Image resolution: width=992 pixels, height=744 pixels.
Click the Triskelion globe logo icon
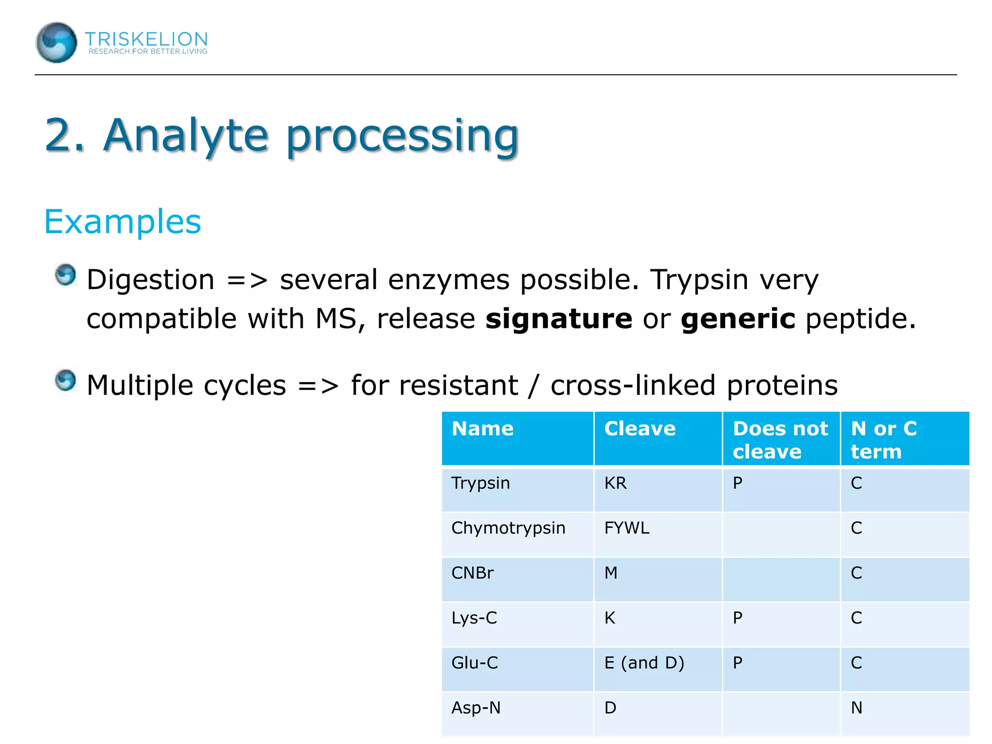[x=56, y=43]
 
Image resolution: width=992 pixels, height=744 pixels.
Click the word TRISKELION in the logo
[x=146, y=39]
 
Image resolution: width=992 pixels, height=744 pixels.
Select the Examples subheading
[x=123, y=222]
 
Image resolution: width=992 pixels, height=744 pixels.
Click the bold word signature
[x=558, y=319]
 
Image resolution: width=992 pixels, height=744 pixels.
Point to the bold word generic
[x=738, y=319]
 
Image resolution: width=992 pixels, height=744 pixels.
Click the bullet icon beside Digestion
[x=65, y=275]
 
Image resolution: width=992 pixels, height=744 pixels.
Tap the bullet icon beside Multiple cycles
[x=65, y=380]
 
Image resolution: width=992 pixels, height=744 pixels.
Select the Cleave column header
[x=639, y=429]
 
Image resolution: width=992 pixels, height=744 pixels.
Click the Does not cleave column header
[x=780, y=439]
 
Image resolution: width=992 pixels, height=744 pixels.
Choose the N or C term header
[x=883, y=439]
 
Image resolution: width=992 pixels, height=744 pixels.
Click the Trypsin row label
[x=480, y=483]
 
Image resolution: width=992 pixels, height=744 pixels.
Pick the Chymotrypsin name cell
[x=508, y=528]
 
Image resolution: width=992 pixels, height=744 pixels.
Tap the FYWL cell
[x=626, y=528]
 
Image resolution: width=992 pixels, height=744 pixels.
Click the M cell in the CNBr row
[x=611, y=573]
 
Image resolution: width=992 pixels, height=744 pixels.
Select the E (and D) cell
[x=644, y=663]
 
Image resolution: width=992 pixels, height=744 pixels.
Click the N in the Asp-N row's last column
[x=856, y=708]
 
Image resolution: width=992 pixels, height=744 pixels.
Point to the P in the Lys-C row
[x=737, y=618]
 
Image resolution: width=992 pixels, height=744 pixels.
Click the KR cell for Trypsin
[x=615, y=483]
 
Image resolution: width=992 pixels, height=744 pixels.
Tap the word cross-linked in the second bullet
[x=633, y=386]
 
